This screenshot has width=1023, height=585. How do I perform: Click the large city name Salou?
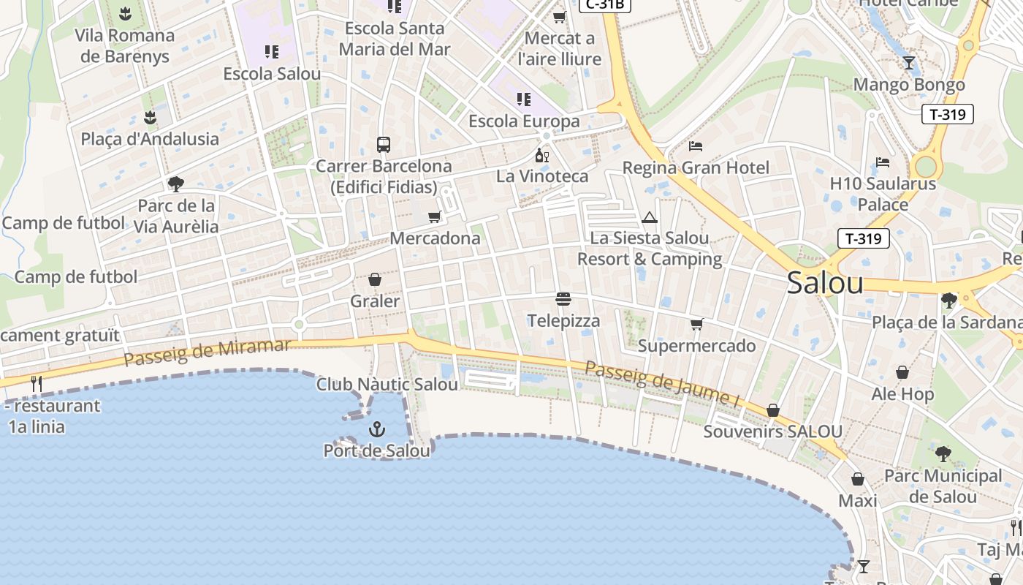point(825,283)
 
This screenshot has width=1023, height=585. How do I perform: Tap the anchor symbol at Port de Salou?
point(377,429)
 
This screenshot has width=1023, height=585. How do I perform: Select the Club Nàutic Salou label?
point(387,384)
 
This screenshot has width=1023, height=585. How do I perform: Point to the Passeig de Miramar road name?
point(207,353)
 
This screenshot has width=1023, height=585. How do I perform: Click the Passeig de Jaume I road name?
point(662,382)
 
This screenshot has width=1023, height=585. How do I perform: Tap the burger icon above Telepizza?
point(563,299)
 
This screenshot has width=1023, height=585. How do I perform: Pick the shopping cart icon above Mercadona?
point(435,216)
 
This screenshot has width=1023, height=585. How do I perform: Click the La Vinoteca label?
point(542,176)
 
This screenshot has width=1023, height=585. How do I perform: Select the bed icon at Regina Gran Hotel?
point(695,146)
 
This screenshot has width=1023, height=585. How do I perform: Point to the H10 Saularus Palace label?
point(883,194)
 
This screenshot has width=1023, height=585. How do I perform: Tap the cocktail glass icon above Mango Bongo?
point(908,63)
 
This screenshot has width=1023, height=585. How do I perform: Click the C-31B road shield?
point(604,4)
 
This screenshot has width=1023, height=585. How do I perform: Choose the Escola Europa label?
point(524,121)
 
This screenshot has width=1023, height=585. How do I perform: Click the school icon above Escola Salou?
point(272,52)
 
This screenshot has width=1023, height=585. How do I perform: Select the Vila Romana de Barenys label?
point(125,45)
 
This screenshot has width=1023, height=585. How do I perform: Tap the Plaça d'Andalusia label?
point(150,139)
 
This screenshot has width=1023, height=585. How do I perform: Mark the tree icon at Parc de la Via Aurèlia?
point(175,184)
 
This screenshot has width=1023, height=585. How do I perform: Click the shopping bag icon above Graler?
point(375,279)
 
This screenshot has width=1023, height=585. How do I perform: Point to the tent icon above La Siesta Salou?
point(649,217)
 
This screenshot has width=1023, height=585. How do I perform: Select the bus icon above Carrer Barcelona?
point(384,144)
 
